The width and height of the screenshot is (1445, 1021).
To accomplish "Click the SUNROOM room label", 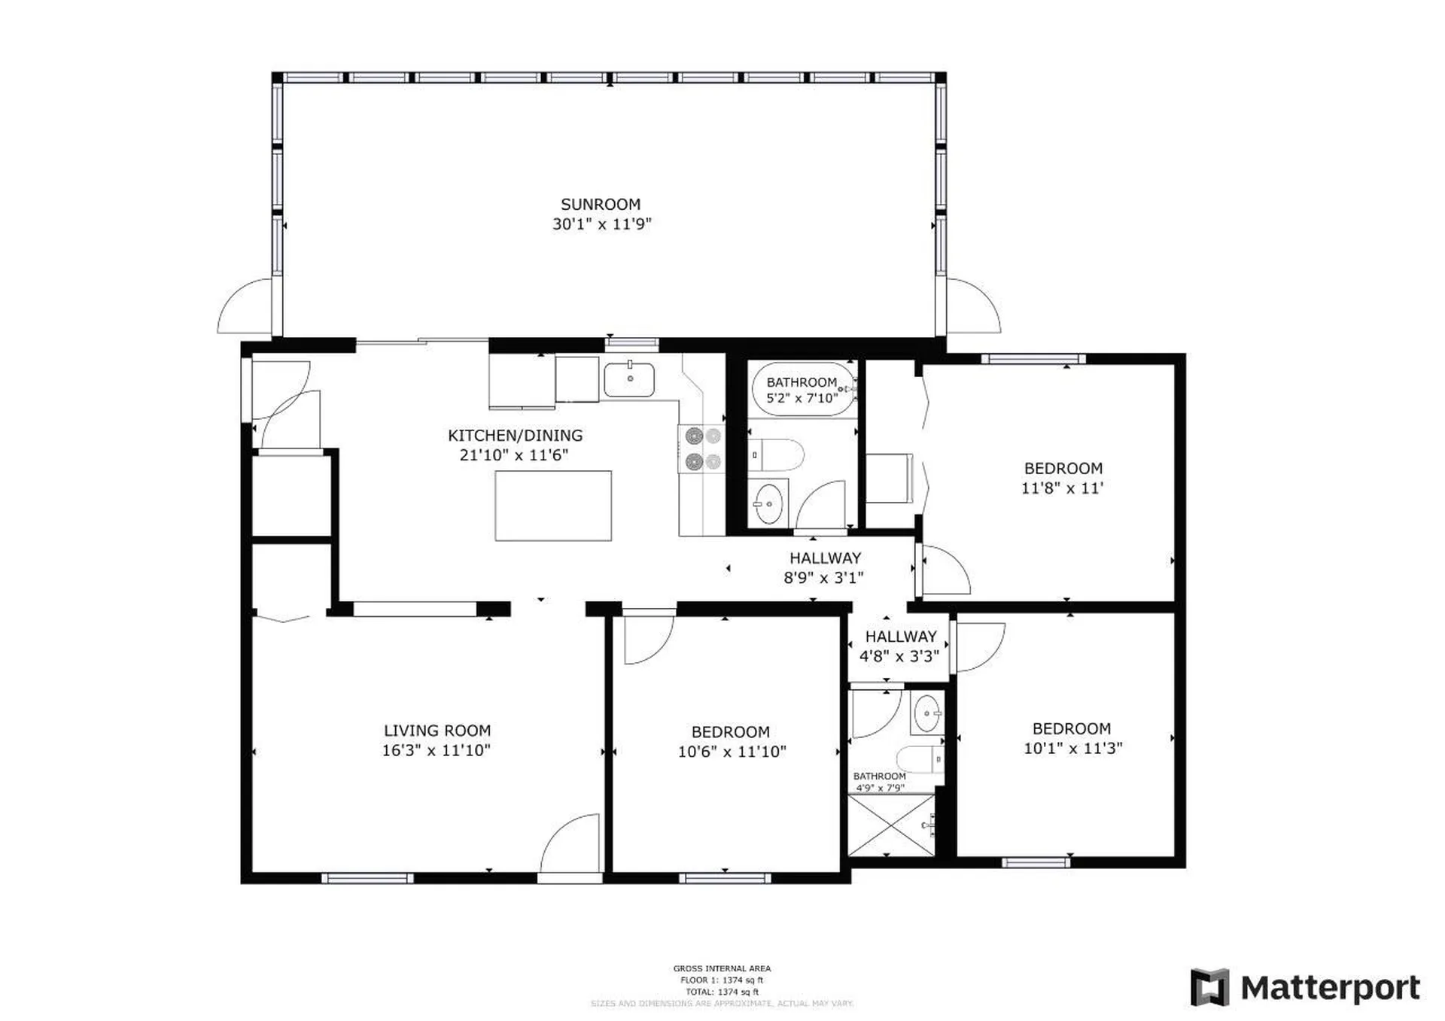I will (601, 205).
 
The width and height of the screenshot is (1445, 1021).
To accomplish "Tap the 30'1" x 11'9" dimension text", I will (601, 224).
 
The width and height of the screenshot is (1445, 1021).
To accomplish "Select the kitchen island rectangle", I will (553, 506).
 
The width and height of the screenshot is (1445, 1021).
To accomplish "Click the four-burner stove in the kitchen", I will (702, 449).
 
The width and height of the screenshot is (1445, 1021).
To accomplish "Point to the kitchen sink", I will (629, 380).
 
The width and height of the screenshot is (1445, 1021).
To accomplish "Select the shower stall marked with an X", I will (891, 825).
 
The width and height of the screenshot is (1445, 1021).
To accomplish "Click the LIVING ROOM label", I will (437, 731).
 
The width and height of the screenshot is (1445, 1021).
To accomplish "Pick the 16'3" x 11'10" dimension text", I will (437, 750).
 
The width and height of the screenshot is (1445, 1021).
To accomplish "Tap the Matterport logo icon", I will (1209, 987).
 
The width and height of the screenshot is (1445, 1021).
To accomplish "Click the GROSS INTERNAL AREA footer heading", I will (722, 968).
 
